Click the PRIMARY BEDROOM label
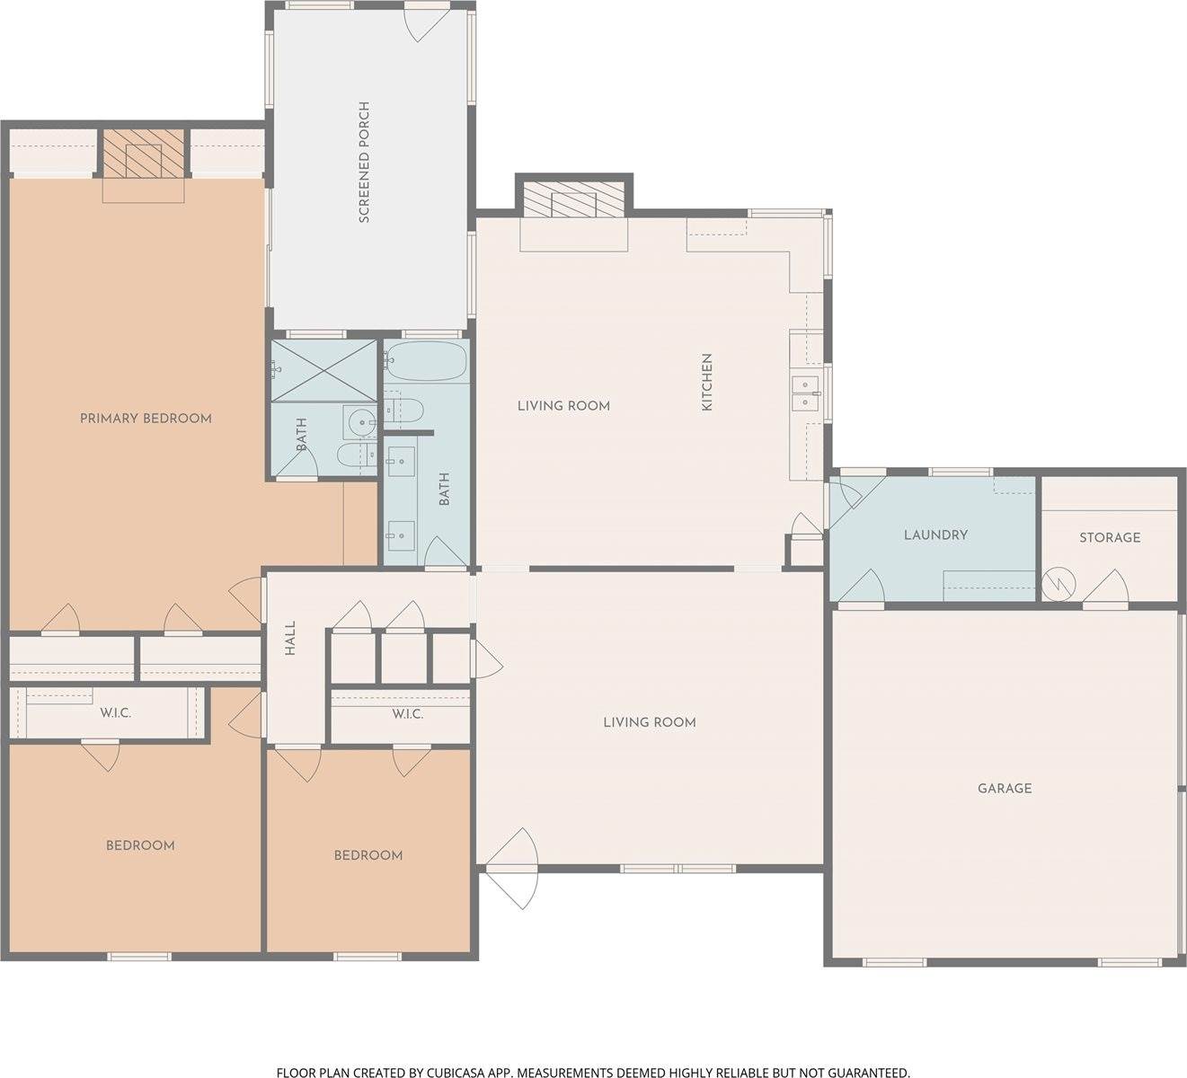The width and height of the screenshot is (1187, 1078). pos(146,419)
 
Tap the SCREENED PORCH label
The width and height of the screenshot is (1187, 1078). pos(364,162)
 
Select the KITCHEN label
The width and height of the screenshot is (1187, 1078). pos(706,382)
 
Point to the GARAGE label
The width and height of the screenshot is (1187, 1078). pos(1005,789)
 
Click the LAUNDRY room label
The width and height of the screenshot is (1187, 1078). pos(935,535)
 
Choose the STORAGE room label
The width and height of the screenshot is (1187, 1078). pos(1110,538)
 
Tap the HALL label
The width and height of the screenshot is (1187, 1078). pos(290,639)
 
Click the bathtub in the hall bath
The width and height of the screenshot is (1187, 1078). pos(427,361)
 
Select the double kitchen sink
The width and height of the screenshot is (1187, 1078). pos(805,393)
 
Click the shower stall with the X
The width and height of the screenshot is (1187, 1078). pos(323,370)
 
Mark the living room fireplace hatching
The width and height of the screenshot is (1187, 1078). pos(574,199)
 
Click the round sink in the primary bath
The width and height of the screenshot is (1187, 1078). pos(359,422)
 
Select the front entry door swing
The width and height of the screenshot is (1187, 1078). pos(512,870)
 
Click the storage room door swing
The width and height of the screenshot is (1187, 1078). pos(1105,588)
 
